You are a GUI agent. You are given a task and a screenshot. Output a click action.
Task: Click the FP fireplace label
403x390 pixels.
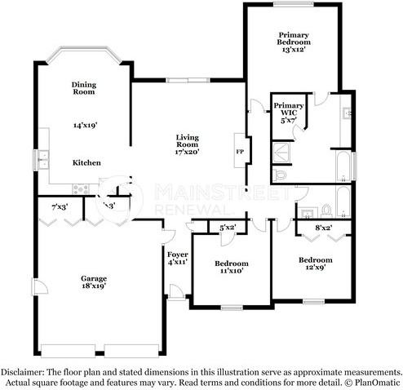point(240,152)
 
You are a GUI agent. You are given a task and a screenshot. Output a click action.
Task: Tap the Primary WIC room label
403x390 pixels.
point(289,113)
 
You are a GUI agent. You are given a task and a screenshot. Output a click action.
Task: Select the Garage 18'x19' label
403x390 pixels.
point(94,282)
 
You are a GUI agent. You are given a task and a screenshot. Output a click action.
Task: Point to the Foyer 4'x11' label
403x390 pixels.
point(178,259)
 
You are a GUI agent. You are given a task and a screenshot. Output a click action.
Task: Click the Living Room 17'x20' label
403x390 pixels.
point(188,144)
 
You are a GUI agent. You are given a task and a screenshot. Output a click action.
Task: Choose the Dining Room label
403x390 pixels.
point(84,88)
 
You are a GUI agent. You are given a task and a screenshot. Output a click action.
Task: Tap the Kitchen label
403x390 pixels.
point(86,162)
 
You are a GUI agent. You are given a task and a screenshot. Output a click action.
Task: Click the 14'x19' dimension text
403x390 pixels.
point(86,126)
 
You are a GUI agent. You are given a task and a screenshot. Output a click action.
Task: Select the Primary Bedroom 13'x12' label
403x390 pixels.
point(294,42)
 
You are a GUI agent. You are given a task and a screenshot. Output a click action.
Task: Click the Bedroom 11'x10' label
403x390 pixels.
point(232,267)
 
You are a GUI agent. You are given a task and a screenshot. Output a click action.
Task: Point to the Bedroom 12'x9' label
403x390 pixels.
point(316,264)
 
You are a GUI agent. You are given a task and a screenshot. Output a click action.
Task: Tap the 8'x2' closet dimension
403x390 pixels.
point(324,228)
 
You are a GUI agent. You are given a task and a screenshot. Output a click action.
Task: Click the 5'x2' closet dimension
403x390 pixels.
point(228,228)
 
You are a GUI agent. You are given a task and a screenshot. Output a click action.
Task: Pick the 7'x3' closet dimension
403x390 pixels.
point(60,207)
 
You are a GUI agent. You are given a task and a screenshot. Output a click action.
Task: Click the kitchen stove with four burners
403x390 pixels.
point(81,189)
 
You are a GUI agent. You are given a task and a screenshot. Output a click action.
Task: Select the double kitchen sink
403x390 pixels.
point(43,160)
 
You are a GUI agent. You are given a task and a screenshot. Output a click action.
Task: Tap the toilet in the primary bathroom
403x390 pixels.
point(280,175)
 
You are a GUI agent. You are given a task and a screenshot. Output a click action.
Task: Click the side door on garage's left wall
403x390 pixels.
point(40,286)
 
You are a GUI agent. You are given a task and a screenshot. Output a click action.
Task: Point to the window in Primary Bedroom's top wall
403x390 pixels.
point(294,4)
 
